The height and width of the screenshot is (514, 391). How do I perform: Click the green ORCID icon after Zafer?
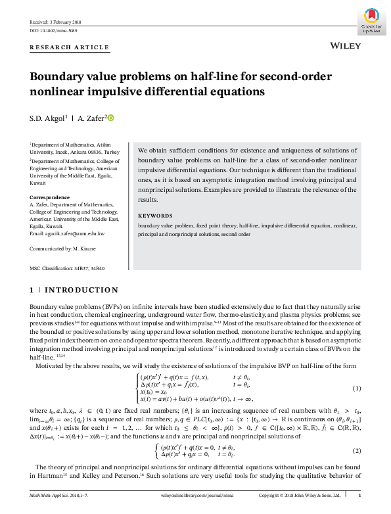[111, 118]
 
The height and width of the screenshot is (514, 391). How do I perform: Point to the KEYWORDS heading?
[155, 216]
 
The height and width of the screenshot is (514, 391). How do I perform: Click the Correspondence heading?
[50, 198]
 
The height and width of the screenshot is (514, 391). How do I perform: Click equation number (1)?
[357, 388]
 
